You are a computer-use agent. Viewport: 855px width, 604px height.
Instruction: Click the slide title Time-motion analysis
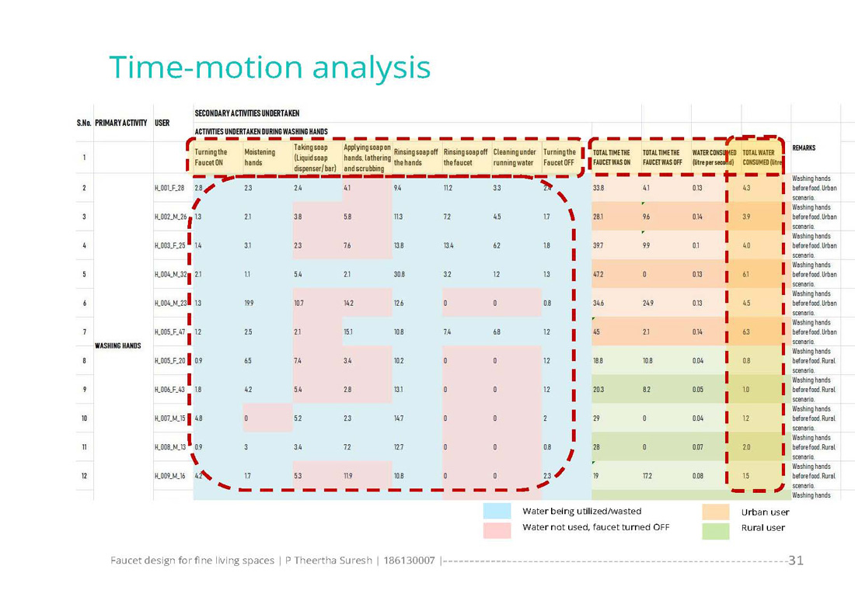tap(270, 68)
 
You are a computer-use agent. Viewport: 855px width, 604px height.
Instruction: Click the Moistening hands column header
tap(259, 158)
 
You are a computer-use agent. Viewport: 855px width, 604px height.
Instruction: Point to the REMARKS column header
tap(803, 148)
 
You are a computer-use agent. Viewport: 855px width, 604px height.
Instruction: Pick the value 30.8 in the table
tap(400, 274)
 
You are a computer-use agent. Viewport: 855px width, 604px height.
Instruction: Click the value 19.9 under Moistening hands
tap(250, 303)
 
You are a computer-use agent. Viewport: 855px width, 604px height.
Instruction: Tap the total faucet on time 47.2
tap(599, 274)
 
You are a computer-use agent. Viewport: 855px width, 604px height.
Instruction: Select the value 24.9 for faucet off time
tap(648, 303)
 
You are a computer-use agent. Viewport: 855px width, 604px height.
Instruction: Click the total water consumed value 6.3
tap(746, 332)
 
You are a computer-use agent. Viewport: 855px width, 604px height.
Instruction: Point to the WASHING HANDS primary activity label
tap(117, 345)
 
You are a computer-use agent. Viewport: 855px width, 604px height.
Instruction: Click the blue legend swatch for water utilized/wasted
tap(497, 511)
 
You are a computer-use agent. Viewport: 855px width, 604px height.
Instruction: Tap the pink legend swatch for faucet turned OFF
tap(497, 529)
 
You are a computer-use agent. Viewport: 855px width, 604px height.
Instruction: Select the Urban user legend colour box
tap(715, 512)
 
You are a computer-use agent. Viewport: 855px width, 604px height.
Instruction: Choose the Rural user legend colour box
tap(715, 530)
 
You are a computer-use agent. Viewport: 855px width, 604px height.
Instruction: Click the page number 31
tap(796, 560)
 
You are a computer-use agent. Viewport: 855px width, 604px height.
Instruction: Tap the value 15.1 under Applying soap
tap(349, 332)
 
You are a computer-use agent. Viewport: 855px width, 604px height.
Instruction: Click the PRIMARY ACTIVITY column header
tap(120, 123)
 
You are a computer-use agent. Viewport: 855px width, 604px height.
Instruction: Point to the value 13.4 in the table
tap(448, 245)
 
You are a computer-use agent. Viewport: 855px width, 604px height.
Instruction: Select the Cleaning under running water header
tap(514, 158)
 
